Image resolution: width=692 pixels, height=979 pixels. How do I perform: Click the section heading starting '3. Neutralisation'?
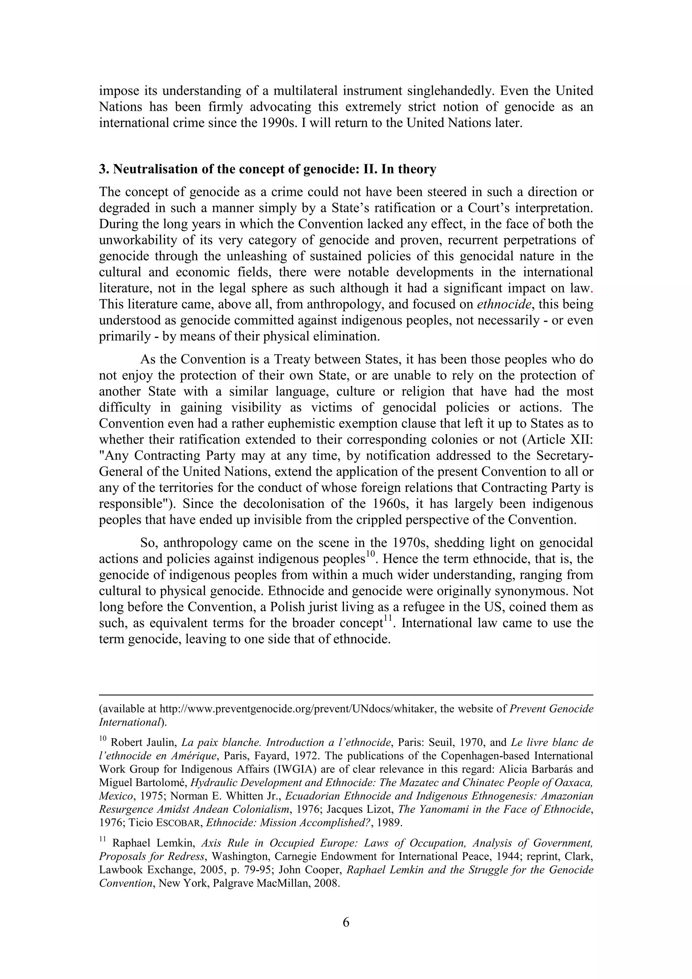click(267, 169)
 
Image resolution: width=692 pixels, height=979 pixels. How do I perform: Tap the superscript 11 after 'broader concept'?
click(387, 618)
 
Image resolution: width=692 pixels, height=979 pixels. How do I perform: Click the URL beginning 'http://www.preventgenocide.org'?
click(297, 709)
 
